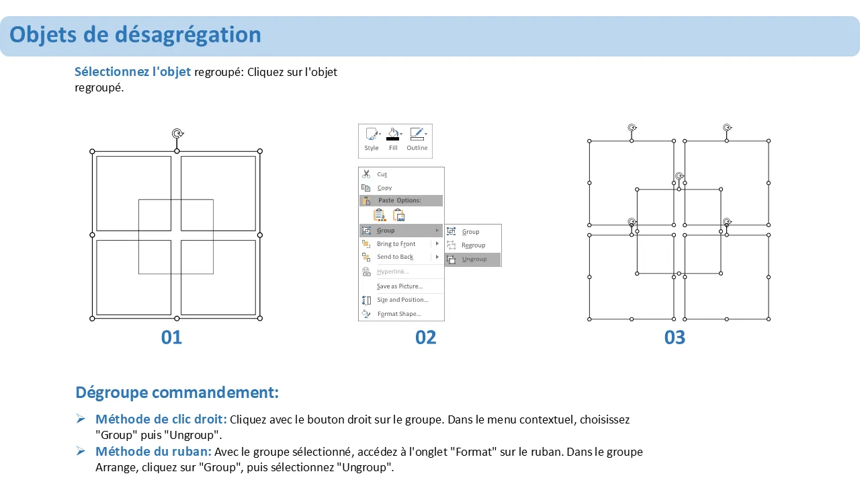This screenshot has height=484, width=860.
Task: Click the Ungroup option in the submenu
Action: pyautogui.click(x=473, y=259)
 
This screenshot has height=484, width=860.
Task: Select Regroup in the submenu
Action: pyautogui.click(x=473, y=245)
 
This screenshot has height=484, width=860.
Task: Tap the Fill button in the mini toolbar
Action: pyautogui.click(x=394, y=139)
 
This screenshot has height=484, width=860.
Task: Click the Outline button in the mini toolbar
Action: pyautogui.click(x=417, y=139)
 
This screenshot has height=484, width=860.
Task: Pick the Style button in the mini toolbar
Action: pyautogui.click(x=372, y=139)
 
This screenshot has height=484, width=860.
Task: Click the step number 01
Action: pyautogui.click(x=171, y=337)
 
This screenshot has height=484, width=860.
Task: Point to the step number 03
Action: pyautogui.click(x=675, y=337)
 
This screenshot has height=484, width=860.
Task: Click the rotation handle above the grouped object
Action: pyautogui.click(x=177, y=133)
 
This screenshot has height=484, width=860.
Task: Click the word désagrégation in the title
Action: pyautogui.click(x=187, y=35)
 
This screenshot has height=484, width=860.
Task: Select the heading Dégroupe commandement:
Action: pyautogui.click(x=177, y=393)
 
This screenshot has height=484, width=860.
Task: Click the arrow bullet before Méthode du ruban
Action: pyautogui.click(x=81, y=451)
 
